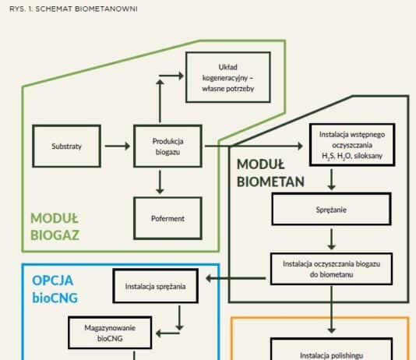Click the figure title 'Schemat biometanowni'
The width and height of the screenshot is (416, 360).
coord(73,9)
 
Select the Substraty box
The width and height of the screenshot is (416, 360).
coord(66,146)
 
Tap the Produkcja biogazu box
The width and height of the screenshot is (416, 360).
coord(167,146)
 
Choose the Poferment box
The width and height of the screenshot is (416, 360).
coord(167,218)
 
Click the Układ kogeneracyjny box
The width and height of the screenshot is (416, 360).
coord(228,77)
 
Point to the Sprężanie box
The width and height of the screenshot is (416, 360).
coord(331,210)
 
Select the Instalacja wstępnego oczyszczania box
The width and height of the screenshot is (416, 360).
coord(352,145)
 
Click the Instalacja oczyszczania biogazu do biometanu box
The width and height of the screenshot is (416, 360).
coord(331,269)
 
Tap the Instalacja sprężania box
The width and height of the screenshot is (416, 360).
coord(156,286)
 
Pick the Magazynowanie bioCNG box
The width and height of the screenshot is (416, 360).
coord(110,333)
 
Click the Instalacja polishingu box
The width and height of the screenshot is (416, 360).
coord(331,349)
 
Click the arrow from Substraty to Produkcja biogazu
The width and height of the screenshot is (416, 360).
coord(118,146)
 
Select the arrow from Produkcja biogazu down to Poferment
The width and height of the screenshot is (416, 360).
coord(160,182)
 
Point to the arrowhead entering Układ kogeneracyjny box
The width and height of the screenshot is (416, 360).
coord(182,76)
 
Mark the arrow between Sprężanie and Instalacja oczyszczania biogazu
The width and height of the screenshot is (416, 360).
coord(331,239)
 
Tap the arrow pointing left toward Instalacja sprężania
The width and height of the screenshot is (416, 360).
coord(236,278)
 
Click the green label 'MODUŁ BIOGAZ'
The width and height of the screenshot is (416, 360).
coord(55,227)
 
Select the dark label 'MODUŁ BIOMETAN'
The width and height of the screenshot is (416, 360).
coord(270,173)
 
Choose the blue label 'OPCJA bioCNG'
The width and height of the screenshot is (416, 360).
coord(55,289)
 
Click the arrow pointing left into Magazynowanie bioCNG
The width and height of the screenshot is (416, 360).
coord(167,334)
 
